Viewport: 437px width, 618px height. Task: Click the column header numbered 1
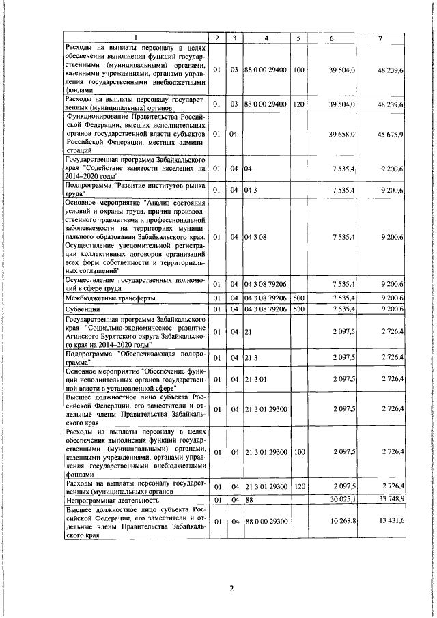(135, 37)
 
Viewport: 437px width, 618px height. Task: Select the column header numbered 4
(267, 37)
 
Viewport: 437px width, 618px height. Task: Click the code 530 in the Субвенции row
(298, 309)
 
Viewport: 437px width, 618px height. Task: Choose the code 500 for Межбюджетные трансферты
(298, 298)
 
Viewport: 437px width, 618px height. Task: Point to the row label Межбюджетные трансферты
(110, 299)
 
